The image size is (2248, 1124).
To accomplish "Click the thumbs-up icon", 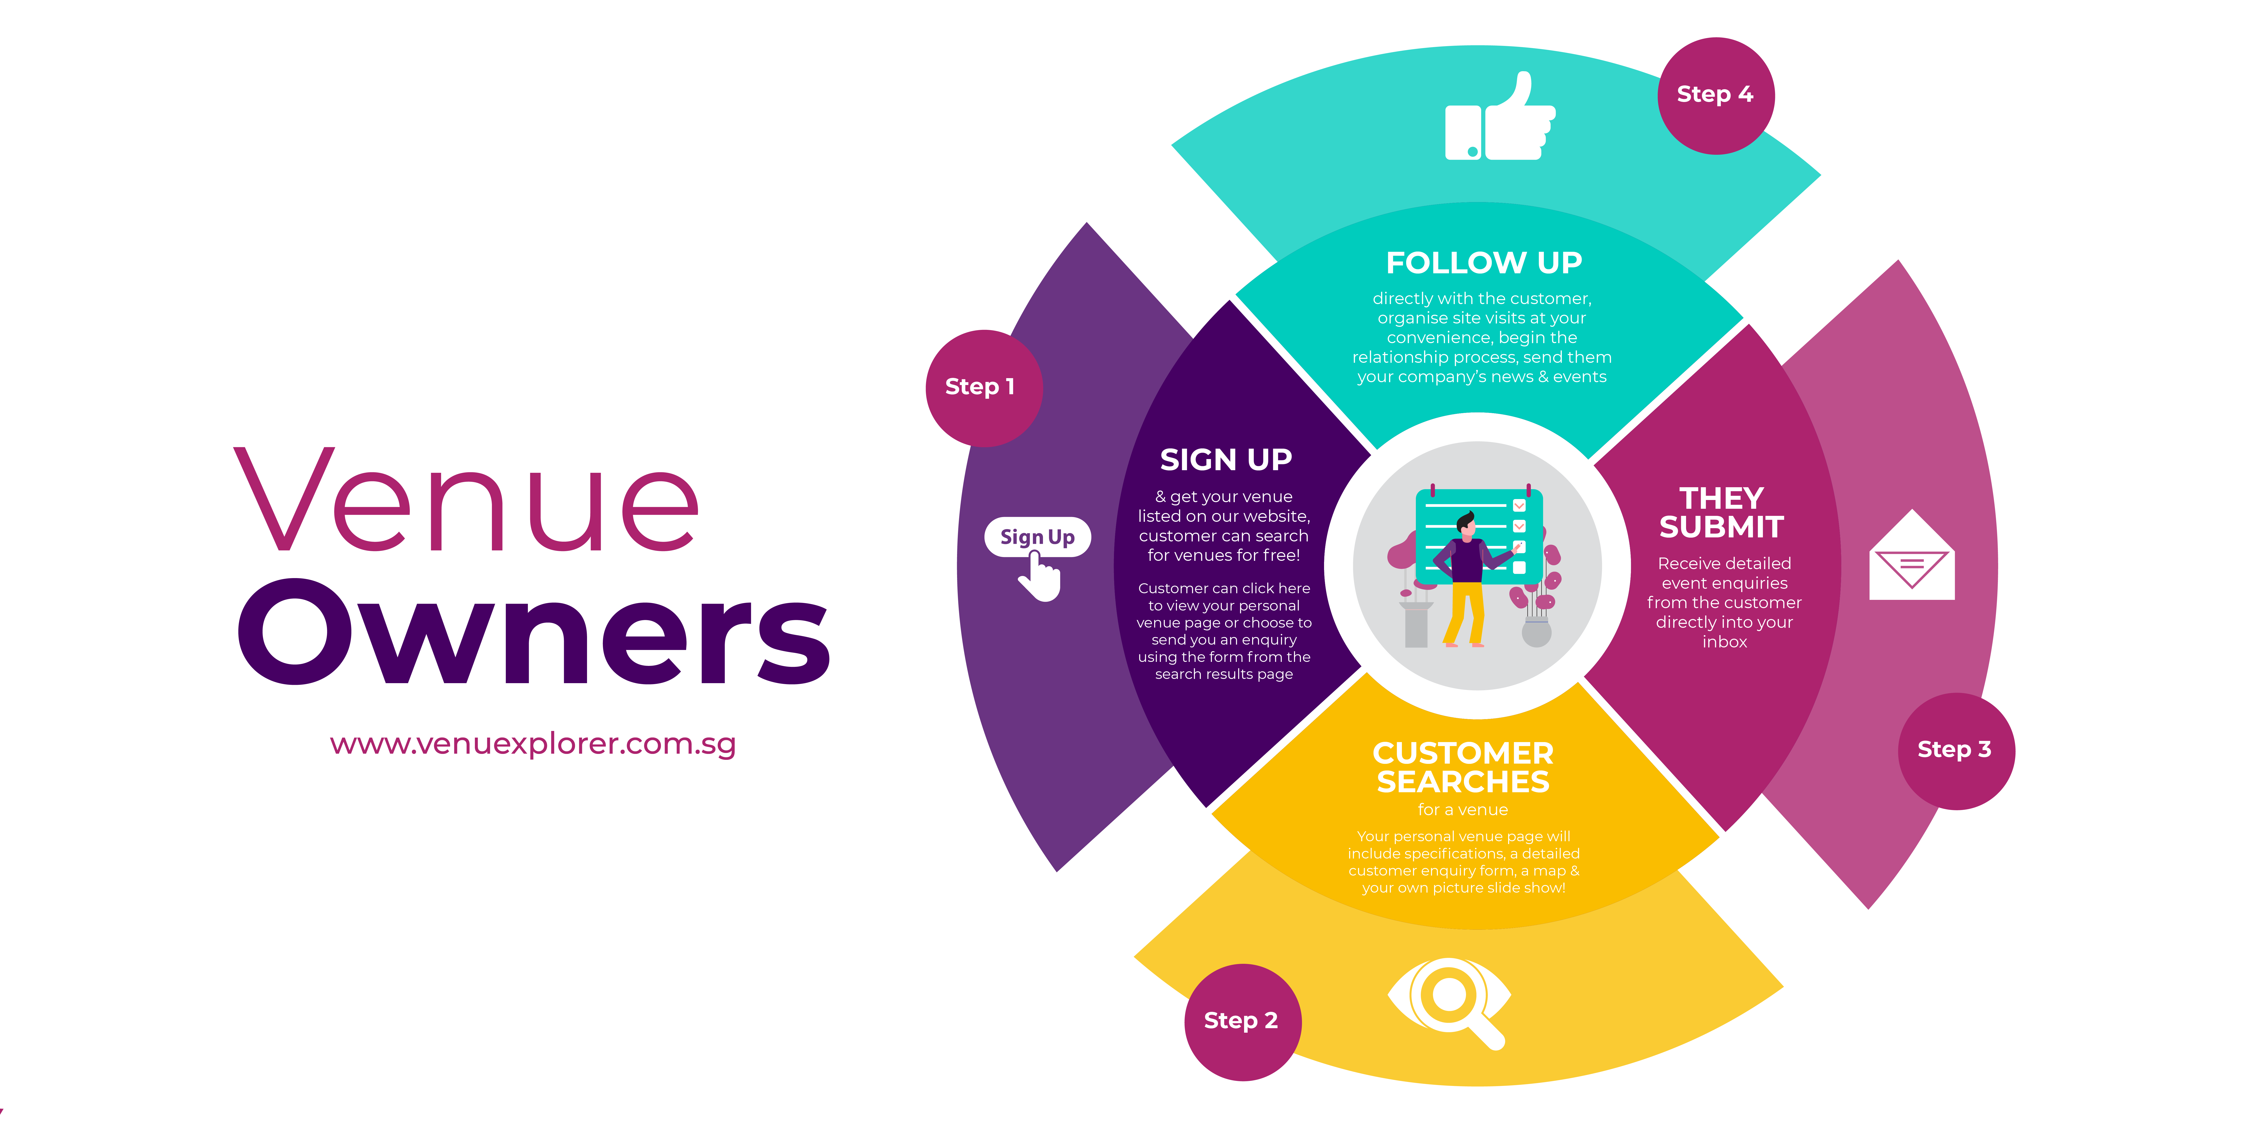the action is click(1500, 116).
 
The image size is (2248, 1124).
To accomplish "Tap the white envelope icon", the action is click(1912, 555).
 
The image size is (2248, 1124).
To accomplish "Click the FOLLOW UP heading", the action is click(1484, 263).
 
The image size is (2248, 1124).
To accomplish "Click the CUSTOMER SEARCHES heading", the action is click(1463, 767).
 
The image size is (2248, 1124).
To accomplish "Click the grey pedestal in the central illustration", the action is click(1416, 625).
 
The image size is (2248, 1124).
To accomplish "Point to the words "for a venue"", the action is click(1463, 810).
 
